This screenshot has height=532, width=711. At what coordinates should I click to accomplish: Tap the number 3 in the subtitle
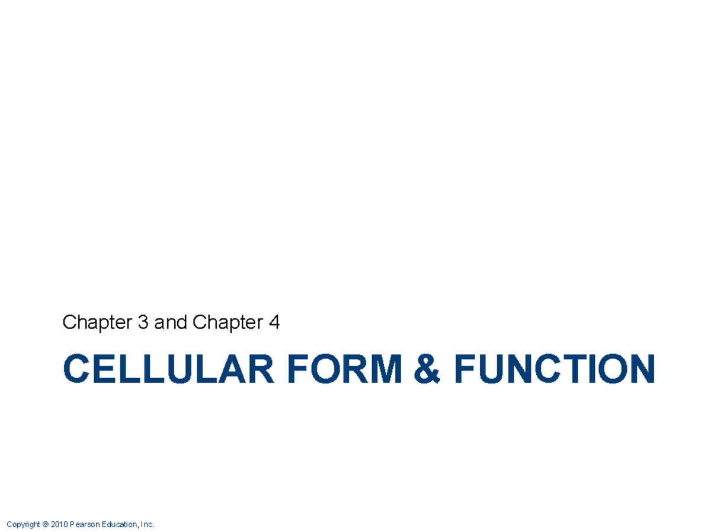145,323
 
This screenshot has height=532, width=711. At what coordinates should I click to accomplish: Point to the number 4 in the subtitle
274,323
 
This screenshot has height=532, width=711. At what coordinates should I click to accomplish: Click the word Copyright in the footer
24,524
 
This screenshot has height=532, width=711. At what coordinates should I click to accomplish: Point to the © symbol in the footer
46,524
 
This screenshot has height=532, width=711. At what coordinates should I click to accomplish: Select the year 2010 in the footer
59,524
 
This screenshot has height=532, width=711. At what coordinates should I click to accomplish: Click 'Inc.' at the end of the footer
147,524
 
